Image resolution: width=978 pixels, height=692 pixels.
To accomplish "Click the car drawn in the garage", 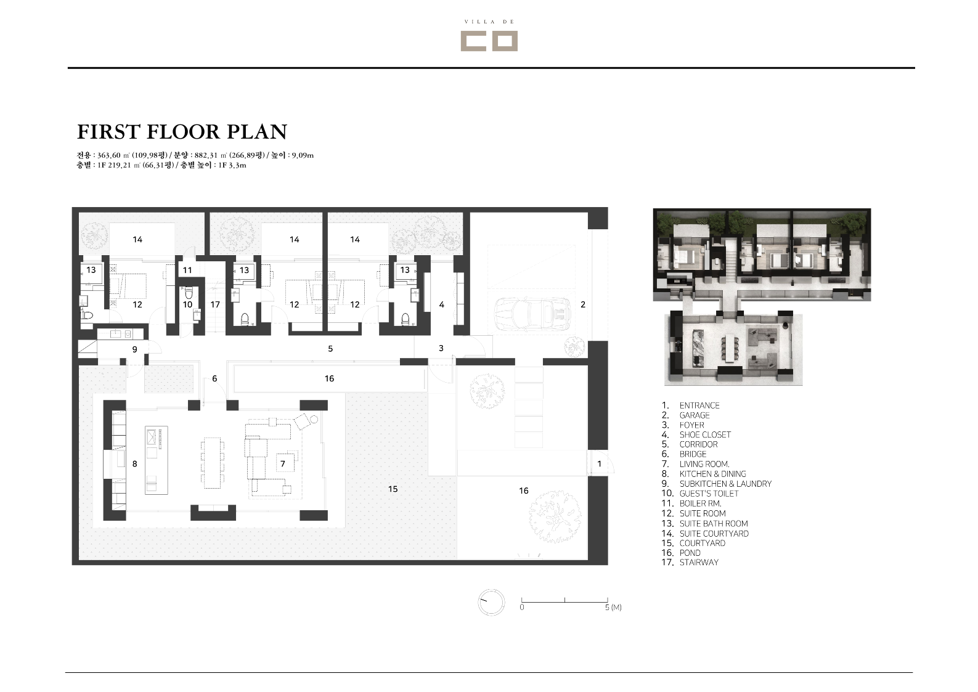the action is (x=532, y=314).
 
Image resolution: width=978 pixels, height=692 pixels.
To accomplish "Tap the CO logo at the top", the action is (x=489, y=41).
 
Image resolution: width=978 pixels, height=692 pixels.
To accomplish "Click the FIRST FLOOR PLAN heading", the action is (x=182, y=131).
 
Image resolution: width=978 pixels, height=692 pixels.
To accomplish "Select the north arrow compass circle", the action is (x=491, y=603).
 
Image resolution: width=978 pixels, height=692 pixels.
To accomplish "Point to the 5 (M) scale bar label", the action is (x=613, y=608).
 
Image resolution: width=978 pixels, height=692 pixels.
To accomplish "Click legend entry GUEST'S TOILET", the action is (x=709, y=494).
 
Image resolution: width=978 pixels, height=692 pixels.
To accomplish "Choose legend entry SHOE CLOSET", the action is (x=704, y=434).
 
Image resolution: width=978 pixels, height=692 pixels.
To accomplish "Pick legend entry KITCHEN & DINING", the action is (x=712, y=474).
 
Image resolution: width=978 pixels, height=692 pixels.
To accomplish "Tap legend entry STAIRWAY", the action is (x=699, y=563).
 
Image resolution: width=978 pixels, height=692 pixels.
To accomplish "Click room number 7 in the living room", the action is (x=283, y=463).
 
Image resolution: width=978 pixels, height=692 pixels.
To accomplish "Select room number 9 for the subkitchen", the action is (x=135, y=349).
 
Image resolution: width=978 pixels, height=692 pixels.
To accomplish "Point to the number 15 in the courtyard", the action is (x=393, y=489).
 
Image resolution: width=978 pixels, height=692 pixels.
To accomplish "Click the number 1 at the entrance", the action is (x=600, y=463).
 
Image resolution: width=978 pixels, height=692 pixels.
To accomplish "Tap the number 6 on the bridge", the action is (x=214, y=378).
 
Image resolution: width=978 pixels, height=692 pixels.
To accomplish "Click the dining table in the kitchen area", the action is (x=213, y=463).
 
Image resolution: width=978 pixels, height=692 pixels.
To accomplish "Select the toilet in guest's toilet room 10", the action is (x=189, y=293).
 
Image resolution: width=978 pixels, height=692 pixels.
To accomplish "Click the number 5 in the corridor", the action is (x=330, y=348).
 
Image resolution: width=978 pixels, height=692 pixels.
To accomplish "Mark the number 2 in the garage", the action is (x=583, y=304).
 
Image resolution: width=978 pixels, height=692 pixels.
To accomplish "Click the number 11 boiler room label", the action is (x=187, y=270).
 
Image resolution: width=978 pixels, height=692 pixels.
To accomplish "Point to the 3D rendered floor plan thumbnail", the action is (x=762, y=297).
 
